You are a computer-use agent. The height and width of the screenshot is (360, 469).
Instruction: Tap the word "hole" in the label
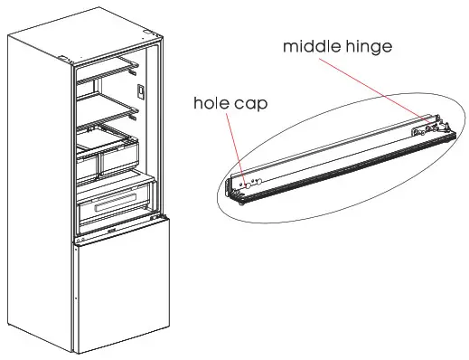(x=211, y=102)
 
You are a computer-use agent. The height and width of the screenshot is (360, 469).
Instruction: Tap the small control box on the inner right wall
(x=142, y=90)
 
